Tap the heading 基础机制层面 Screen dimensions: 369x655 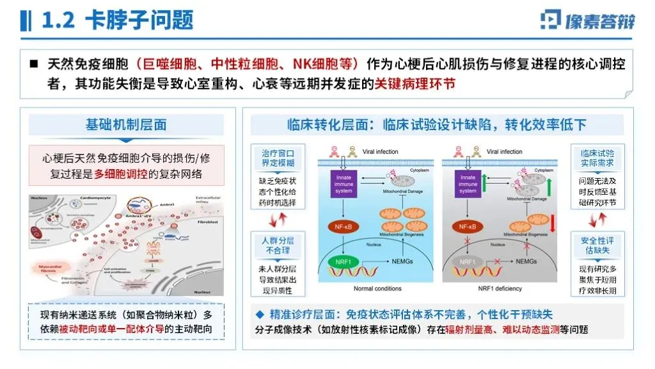pyautogui.click(x=126, y=125)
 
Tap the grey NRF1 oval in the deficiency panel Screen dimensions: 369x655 pyautogui.click(x=467, y=262)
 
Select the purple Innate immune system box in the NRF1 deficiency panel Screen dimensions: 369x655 pyautogui.click(x=468, y=183)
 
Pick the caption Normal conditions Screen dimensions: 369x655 pyautogui.click(x=377, y=289)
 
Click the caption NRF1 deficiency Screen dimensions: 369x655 pyautogui.click(x=500, y=289)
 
